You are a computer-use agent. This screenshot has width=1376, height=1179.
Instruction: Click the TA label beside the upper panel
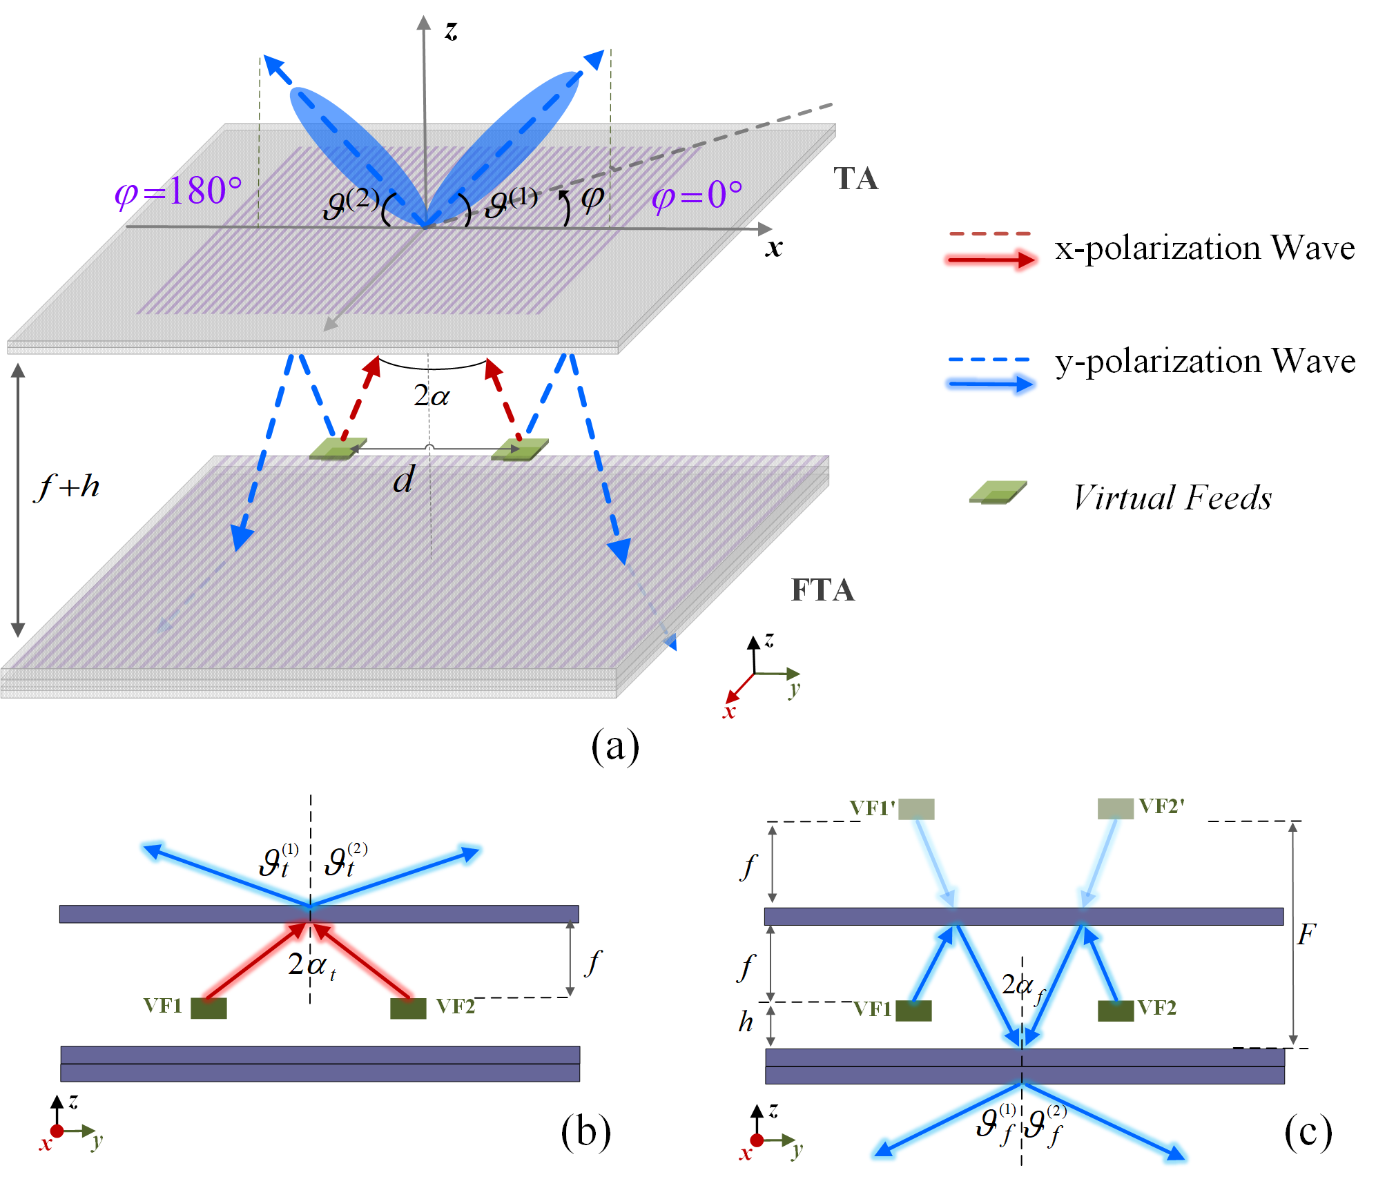click(x=855, y=179)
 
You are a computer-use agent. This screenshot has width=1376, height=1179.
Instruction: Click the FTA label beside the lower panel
click(x=822, y=590)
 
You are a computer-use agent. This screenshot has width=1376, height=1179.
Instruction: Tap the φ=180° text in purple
click(x=178, y=191)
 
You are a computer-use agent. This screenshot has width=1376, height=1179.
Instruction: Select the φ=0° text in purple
click(x=697, y=195)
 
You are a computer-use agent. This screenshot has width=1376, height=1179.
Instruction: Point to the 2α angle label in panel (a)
click(x=432, y=396)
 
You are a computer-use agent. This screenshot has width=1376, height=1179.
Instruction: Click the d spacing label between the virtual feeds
click(x=404, y=479)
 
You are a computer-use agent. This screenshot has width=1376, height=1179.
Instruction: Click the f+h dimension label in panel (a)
click(x=68, y=487)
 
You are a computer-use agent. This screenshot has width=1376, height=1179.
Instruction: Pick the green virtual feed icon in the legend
click(x=998, y=492)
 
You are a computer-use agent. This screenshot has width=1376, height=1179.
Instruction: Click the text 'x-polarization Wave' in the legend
click(x=1205, y=248)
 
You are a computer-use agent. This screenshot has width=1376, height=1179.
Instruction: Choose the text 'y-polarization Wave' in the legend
click(x=1205, y=361)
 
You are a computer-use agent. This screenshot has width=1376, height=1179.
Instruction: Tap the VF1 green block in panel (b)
click(x=209, y=1008)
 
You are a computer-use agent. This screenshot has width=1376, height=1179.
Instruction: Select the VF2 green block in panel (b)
click(x=408, y=1008)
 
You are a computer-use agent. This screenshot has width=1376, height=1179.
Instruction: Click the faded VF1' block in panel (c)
click(x=916, y=809)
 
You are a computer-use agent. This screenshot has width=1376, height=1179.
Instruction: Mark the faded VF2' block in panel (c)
click(x=1115, y=808)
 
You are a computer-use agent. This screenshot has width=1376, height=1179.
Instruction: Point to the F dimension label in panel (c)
click(x=1306, y=935)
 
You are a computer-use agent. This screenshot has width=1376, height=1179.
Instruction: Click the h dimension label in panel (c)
click(x=746, y=1022)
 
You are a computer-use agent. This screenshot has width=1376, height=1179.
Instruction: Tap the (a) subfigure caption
click(x=615, y=747)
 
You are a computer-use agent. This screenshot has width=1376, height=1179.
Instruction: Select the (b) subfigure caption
click(x=585, y=1133)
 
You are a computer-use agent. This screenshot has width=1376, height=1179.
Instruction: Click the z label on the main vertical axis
click(x=451, y=31)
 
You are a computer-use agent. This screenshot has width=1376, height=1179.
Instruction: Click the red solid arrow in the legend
click(x=991, y=260)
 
